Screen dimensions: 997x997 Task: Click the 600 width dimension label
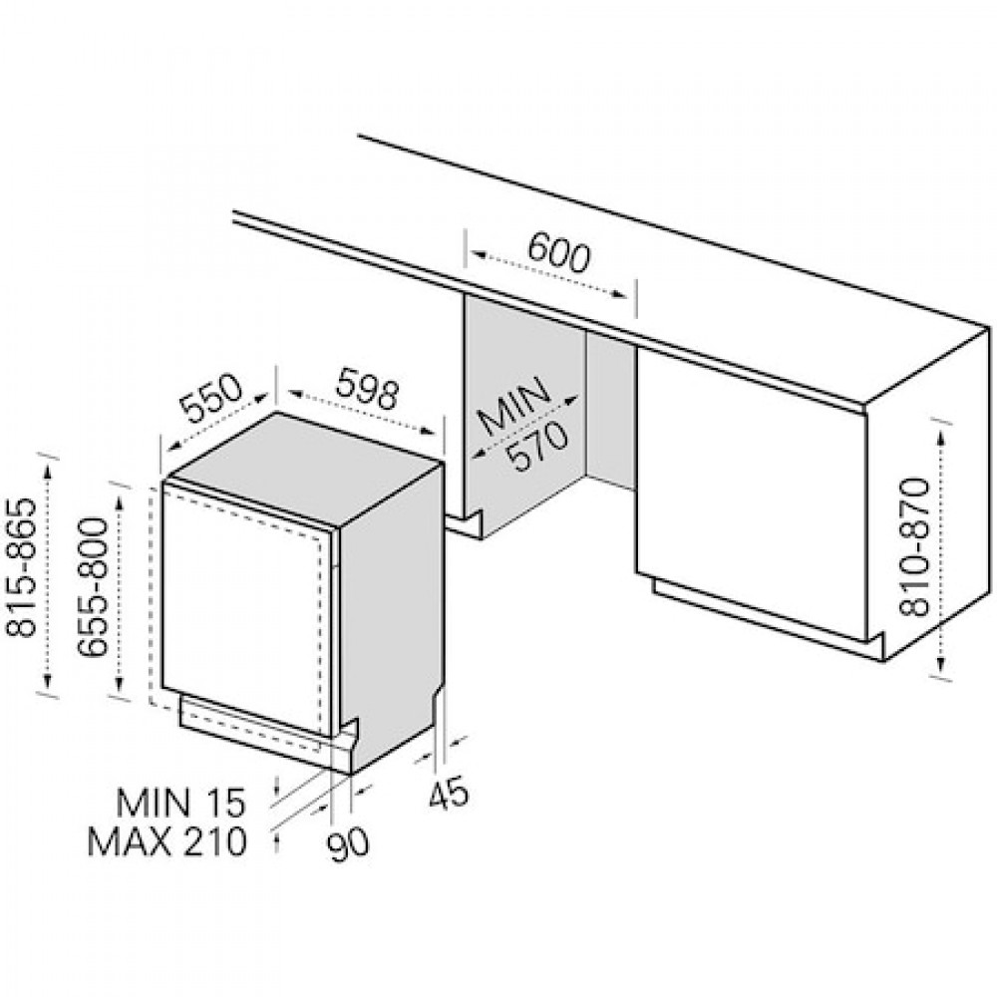559,251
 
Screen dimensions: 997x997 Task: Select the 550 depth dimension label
211,399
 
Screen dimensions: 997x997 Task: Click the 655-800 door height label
92,587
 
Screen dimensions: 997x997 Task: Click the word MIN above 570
512,407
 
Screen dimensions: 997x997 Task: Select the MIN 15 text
179,803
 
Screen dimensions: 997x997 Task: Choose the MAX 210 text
166,841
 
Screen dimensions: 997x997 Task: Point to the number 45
449,793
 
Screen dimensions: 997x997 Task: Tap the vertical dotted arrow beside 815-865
48,576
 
